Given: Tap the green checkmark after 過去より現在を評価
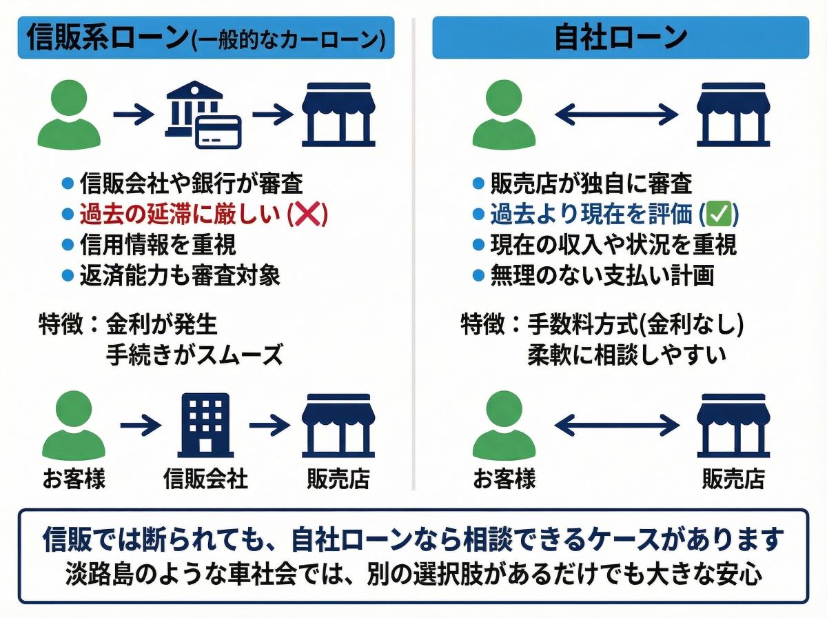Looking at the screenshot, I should [x=718, y=215].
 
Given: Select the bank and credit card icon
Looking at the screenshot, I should [x=202, y=115].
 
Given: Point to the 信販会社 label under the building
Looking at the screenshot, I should [x=205, y=478].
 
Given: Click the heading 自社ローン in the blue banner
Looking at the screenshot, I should [x=620, y=38].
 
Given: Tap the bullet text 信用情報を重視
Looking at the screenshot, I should [x=158, y=245].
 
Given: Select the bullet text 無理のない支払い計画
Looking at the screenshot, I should [x=602, y=276].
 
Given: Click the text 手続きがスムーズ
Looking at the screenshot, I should [x=195, y=355].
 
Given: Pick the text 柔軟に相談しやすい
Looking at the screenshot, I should [x=627, y=355].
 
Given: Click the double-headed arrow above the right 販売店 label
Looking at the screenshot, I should [x=617, y=426].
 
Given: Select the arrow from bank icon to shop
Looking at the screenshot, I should [x=273, y=115].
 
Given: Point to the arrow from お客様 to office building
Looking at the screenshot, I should [x=141, y=426].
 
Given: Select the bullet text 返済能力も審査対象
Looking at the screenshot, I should [x=180, y=276].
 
